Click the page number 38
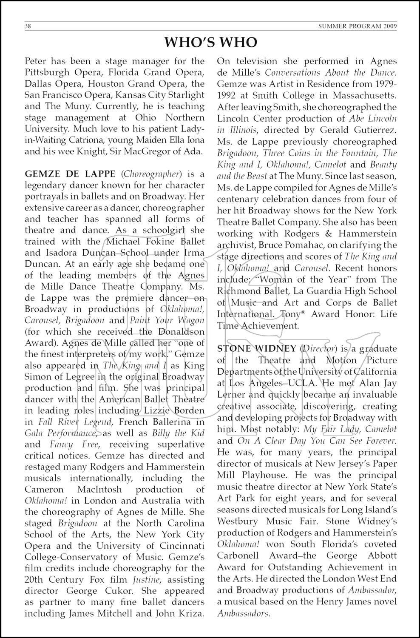pos(28,26)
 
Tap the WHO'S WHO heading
pos(210,42)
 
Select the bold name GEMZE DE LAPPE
pos(70,174)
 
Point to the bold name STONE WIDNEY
pos(256,349)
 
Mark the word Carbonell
pos(238,555)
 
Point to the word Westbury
pos(237,521)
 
